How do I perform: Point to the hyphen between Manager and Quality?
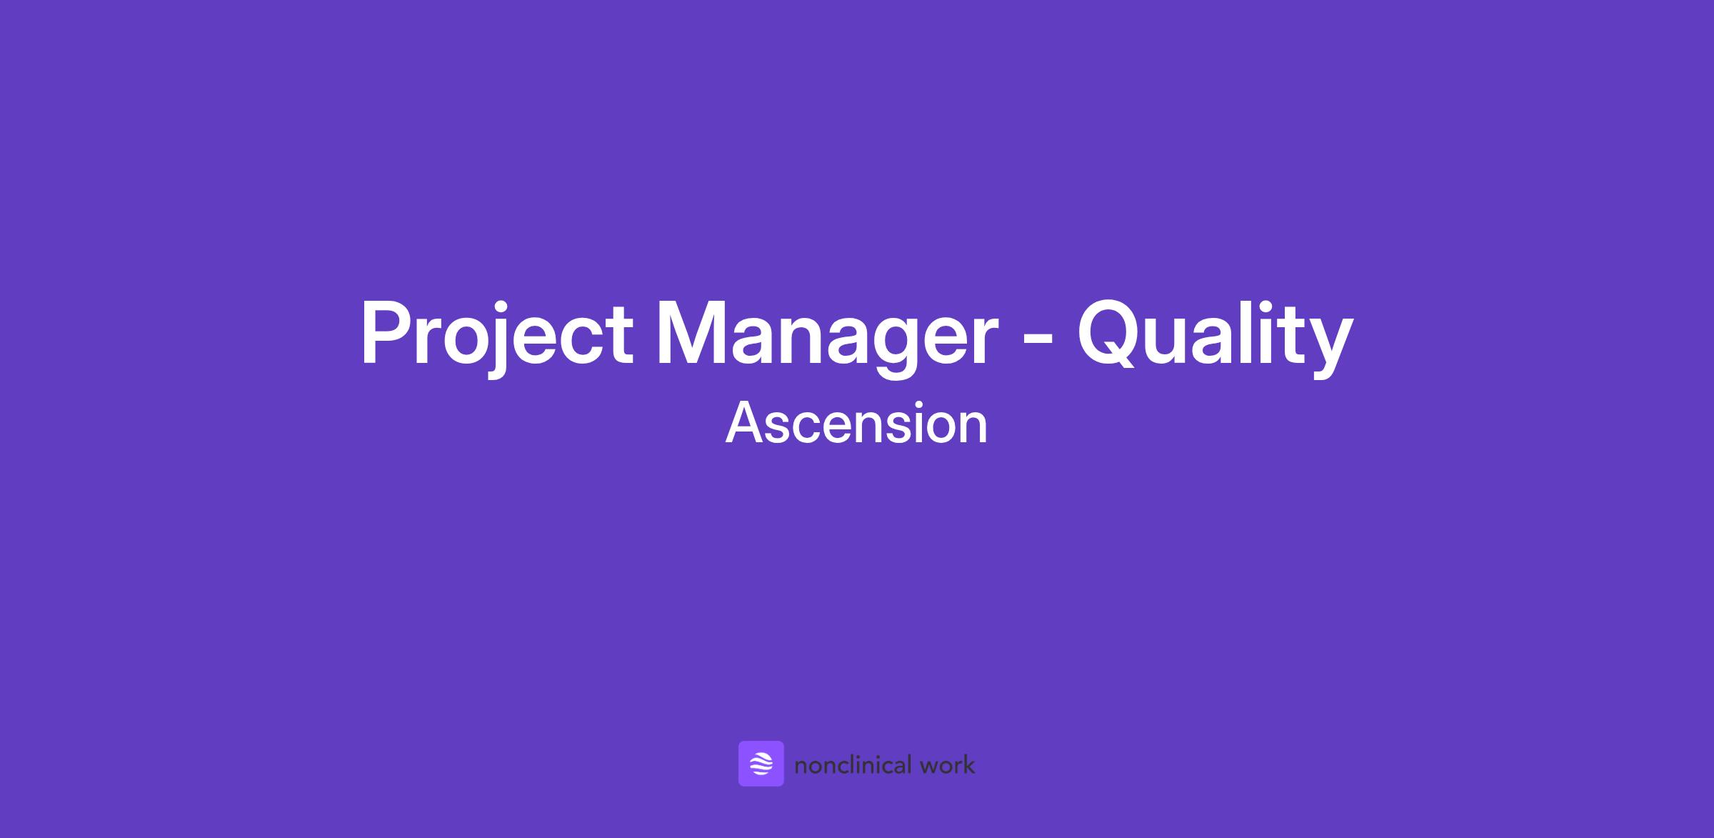pos(1038,344)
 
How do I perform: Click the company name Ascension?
pos(856,424)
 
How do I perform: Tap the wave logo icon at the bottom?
pos(761,764)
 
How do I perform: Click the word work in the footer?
pos(948,765)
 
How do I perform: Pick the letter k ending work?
pos(968,764)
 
